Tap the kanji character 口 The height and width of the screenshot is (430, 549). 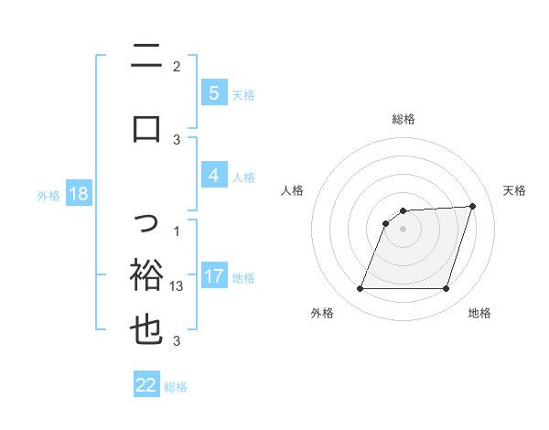coord(146,128)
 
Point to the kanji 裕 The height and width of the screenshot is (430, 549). coord(146,275)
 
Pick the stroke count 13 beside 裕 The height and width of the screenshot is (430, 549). coord(178,286)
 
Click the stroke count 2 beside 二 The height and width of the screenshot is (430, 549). coord(177,66)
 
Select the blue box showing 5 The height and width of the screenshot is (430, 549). coord(213,93)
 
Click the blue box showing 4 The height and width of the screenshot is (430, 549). coord(213,176)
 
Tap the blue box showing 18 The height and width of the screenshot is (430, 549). coord(78,194)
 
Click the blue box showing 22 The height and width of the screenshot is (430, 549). coord(146,385)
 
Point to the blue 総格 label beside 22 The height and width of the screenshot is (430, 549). coord(176,387)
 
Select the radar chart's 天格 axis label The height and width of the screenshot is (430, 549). coord(515,190)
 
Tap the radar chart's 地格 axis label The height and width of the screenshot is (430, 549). coord(479,314)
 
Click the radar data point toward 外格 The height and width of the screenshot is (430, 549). coord(360,289)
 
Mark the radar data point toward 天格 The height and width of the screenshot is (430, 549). coord(472,206)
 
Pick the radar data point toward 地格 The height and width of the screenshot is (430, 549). coord(446,289)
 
